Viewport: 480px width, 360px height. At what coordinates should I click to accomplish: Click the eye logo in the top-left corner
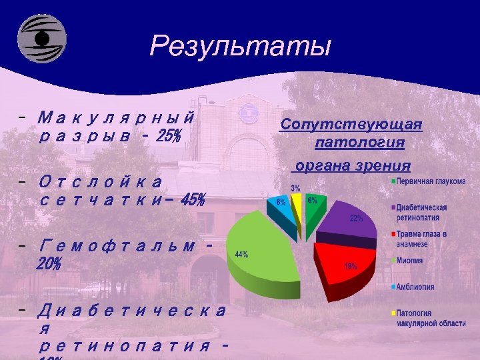tap(41, 39)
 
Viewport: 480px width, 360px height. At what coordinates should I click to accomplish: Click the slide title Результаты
tap(240, 46)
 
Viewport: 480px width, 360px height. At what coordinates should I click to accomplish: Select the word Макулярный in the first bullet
tap(117, 119)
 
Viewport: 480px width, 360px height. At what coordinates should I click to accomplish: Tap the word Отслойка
tap(100, 181)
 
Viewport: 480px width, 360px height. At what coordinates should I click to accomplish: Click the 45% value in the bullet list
tap(192, 199)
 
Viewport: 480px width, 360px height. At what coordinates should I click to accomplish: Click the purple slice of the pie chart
tap(347, 223)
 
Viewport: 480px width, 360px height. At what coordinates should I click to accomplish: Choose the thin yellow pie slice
tap(297, 210)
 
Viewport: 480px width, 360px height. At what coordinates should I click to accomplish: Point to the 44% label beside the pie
tap(241, 254)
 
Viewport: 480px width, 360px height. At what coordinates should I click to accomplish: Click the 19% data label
tap(350, 266)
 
